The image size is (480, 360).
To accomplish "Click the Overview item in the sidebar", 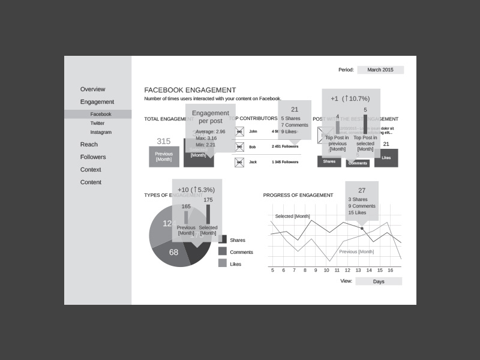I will pos(92,89).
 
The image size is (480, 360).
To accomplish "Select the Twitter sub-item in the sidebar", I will pos(97,123).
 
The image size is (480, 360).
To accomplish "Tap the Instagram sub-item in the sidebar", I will pos(101,132).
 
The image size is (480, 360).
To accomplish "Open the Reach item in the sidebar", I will pos(89,145).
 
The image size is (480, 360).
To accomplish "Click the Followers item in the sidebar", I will pos(93,157).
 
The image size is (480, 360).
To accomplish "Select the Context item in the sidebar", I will pos(91,170).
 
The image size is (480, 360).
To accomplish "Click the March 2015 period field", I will pos(380,70).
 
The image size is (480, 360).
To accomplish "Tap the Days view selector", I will pos(379,281).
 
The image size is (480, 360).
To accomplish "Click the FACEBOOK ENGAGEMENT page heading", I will pos(190,90).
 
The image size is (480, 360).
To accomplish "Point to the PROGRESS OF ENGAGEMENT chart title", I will pos(298,195).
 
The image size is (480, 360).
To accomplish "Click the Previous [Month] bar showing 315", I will pos(164,157).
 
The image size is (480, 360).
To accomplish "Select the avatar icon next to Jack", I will pos(239,162).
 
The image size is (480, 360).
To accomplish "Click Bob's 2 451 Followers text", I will pos(285,146).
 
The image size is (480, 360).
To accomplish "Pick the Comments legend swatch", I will pos(223,251).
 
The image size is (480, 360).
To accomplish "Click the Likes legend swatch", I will pos(223,263).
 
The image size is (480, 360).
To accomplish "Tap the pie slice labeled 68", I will pos(173,252).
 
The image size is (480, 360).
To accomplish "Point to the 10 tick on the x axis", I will pos(326,270).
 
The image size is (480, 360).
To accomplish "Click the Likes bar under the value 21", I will pos(386,158).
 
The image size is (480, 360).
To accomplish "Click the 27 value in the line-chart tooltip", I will pos(362,190).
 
